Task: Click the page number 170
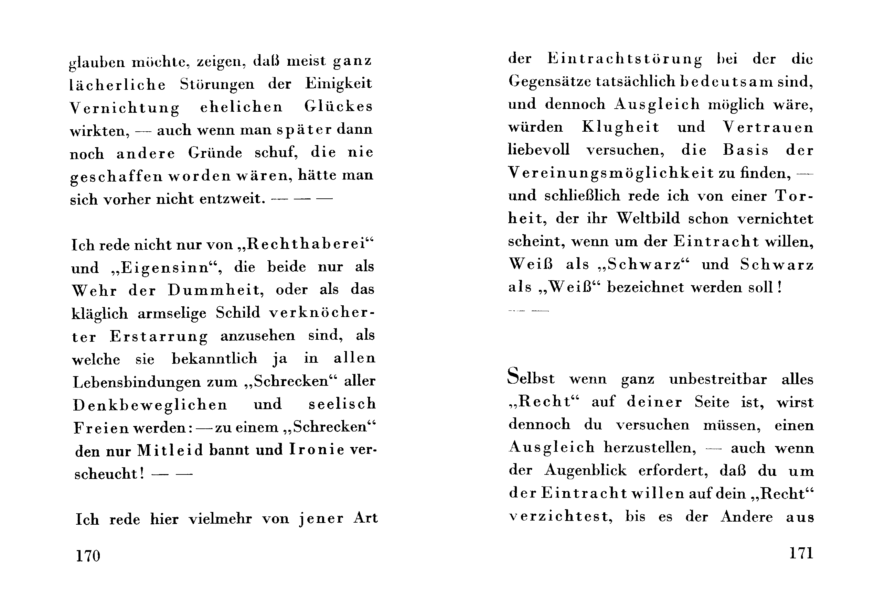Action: [88, 556]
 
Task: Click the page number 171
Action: [801, 553]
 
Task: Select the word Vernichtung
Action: [125, 108]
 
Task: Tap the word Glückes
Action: [338, 107]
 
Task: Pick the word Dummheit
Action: [215, 290]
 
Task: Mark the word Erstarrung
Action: [159, 336]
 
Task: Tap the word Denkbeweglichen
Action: [150, 404]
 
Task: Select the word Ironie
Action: [317, 450]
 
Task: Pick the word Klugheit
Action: [620, 127]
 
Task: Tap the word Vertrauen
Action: [768, 127]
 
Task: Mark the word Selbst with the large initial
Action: [531, 378]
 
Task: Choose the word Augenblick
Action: [585, 470]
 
